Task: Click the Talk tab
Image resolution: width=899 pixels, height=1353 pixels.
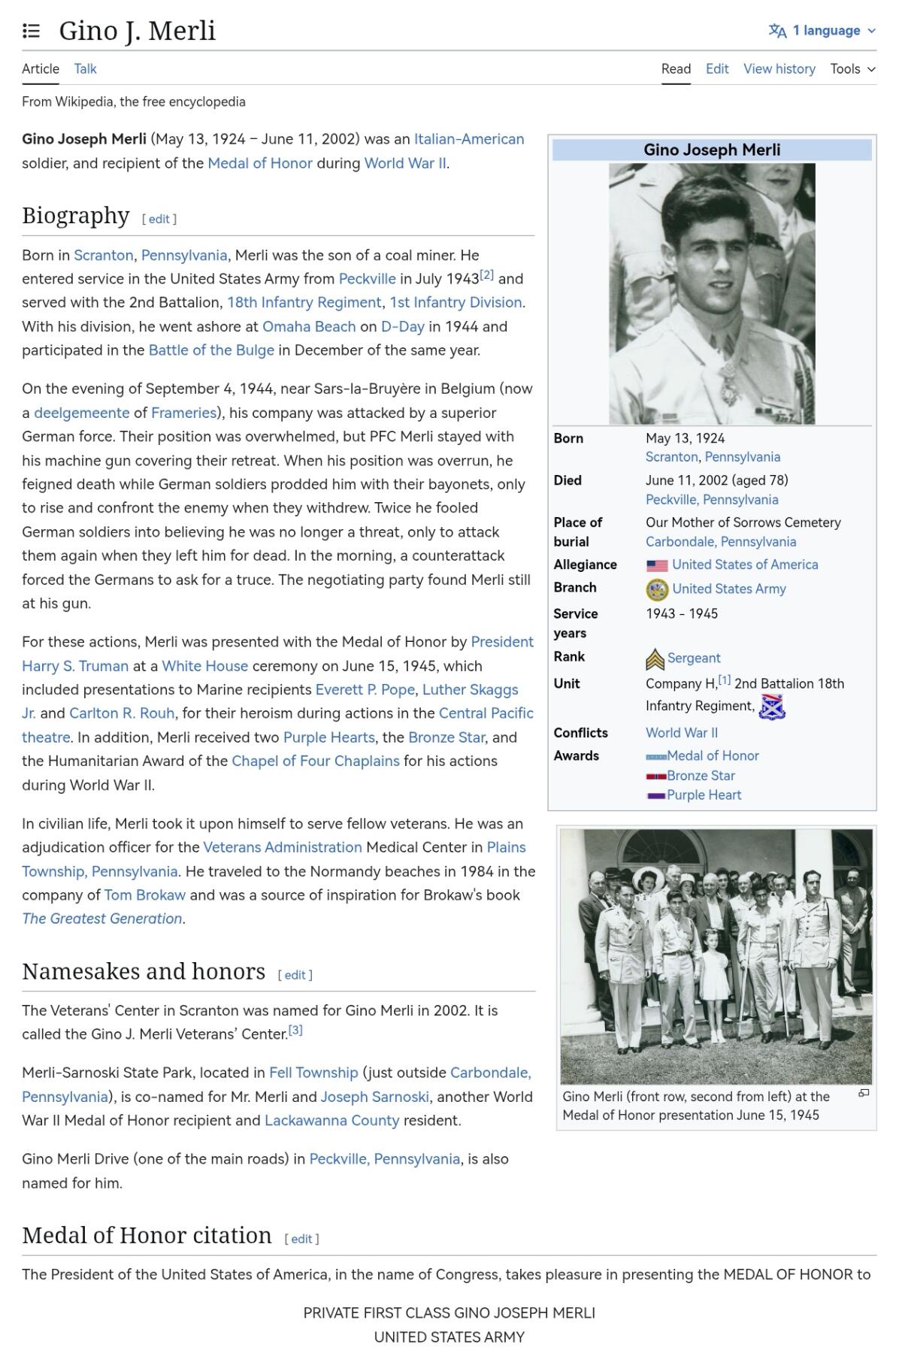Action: pos(85,69)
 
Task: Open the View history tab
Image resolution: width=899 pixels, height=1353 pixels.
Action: pos(779,69)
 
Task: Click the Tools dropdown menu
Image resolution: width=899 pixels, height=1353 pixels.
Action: pos(852,69)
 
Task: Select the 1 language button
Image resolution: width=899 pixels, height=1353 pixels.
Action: pos(822,31)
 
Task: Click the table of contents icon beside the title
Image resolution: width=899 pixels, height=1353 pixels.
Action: pos(31,31)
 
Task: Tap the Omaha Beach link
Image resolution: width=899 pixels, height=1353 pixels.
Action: pos(308,326)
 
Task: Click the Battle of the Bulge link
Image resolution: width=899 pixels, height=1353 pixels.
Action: pos(211,350)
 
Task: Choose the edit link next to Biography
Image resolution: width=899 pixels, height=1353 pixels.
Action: pos(159,219)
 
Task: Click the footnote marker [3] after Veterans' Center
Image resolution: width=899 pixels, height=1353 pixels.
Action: pos(295,1031)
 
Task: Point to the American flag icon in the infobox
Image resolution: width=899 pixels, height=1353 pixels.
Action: pos(656,565)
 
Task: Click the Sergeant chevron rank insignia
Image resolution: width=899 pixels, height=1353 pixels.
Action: pos(655,659)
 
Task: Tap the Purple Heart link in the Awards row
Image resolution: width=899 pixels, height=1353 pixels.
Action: pos(704,795)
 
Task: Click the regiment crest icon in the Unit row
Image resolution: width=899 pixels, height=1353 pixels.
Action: pos(772,707)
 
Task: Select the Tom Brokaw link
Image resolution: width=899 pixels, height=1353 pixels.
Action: pos(144,895)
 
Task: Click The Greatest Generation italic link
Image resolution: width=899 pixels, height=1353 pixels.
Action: pos(102,919)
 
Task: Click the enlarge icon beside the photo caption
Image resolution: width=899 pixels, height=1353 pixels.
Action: pos(864,1093)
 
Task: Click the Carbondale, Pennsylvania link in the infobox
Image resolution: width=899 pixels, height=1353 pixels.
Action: pos(720,542)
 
